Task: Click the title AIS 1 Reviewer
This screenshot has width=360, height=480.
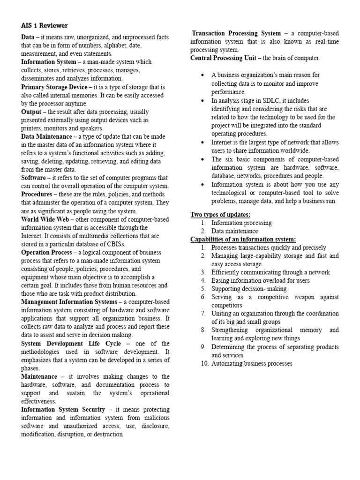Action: tap(45, 25)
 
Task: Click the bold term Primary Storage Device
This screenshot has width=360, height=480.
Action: tap(54, 87)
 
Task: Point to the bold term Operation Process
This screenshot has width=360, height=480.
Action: tap(46, 252)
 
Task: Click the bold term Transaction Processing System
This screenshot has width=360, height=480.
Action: tap(237, 33)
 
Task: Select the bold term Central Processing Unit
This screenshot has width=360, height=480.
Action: tap(223, 58)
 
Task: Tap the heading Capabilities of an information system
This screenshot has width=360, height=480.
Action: tap(243, 240)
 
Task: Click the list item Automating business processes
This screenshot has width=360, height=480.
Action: tap(252, 363)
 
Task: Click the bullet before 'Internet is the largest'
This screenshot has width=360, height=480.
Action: tap(202, 142)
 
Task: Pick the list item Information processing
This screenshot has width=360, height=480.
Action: tap(241, 223)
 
